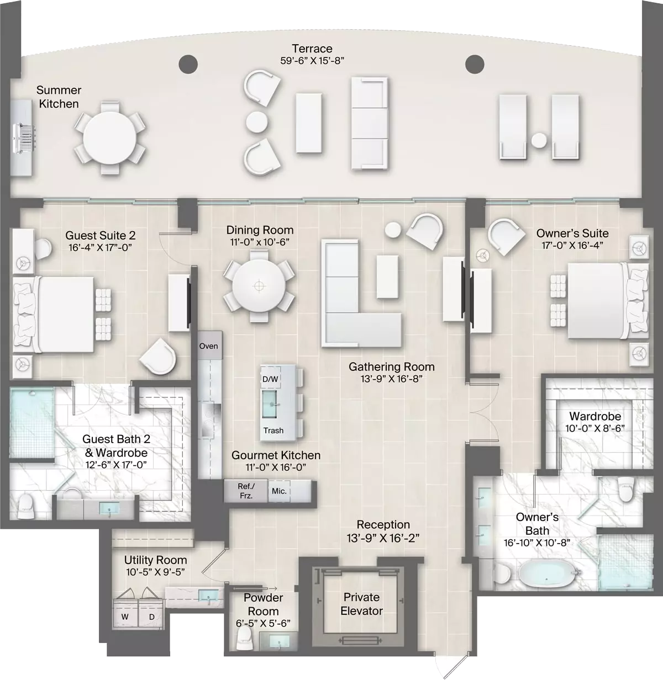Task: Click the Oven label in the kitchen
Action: coord(208,346)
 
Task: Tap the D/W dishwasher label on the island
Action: coord(270,379)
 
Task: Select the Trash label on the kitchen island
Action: coord(273,430)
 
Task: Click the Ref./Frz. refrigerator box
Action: coord(246,491)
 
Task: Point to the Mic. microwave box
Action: coord(279,491)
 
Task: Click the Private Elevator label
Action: coord(361,604)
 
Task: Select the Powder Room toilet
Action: coord(245,639)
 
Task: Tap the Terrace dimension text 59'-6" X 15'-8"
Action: coord(312,61)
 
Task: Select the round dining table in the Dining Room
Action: coord(259,286)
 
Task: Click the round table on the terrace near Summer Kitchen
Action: coord(109,137)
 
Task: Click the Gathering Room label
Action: coord(392,366)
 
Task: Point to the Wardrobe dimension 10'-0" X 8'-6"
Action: coord(595,428)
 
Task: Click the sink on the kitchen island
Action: coord(270,404)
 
